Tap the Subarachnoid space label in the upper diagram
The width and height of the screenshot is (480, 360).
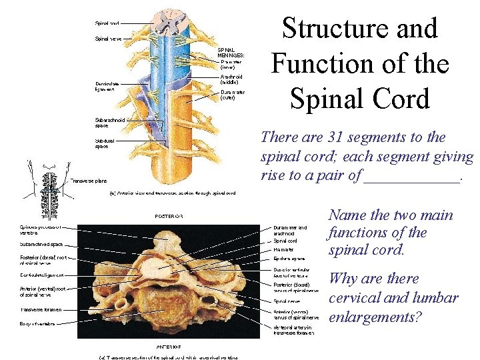(x=111, y=123)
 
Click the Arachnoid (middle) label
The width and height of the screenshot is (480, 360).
(x=231, y=79)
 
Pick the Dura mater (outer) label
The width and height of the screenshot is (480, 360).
(x=233, y=95)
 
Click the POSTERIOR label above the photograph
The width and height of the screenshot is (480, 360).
(x=169, y=216)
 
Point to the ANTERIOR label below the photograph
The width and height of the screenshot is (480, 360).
(x=169, y=347)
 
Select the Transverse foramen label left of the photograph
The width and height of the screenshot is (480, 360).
(x=41, y=309)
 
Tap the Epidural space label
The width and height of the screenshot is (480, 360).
(x=289, y=258)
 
